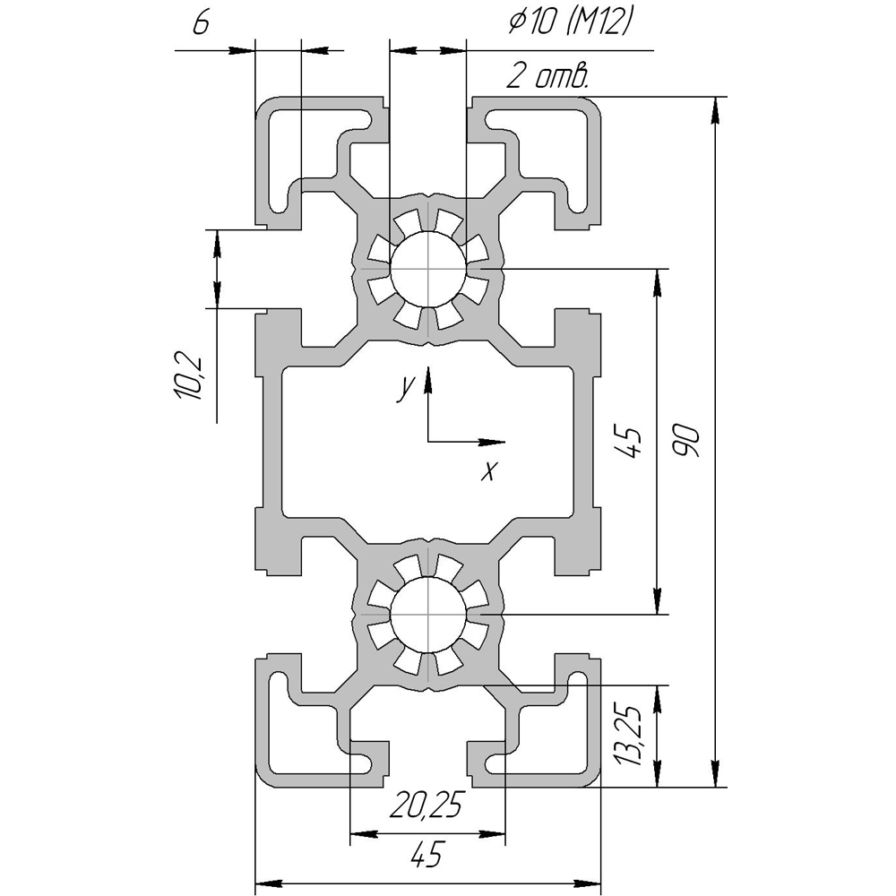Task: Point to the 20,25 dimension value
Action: click(425, 806)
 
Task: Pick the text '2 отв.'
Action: click(547, 76)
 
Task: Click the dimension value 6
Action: click(201, 23)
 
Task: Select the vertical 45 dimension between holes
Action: click(630, 441)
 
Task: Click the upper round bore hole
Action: click(428, 269)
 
